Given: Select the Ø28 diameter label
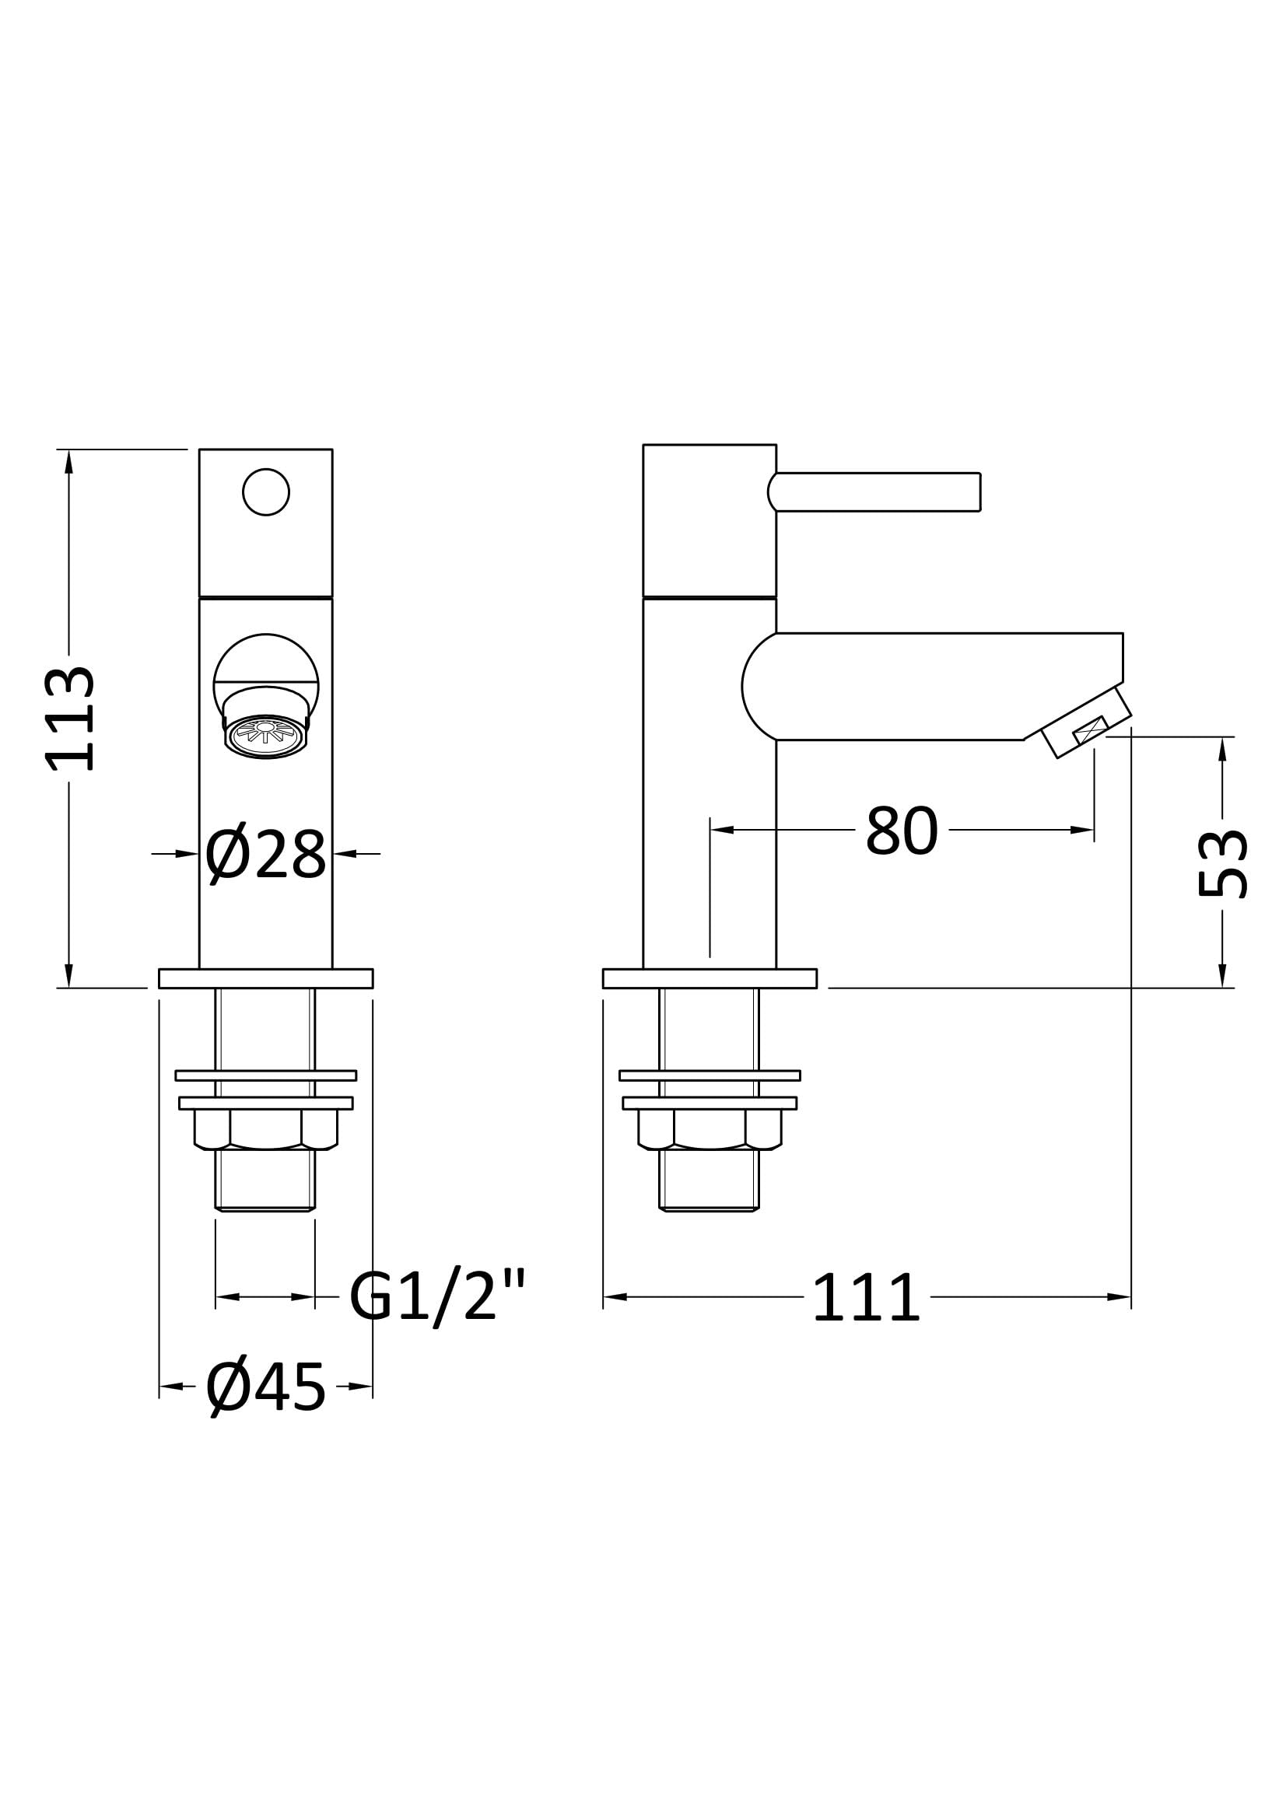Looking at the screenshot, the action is click(x=265, y=855).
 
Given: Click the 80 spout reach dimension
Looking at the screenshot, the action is click(x=902, y=831).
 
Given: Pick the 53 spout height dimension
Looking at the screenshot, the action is click(x=1223, y=863).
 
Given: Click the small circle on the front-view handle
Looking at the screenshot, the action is click(x=265, y=492).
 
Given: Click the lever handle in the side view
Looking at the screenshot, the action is click(x=874, y=492).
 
